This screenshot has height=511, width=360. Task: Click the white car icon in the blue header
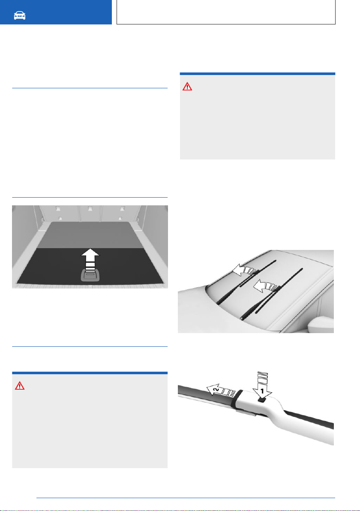tap(20, 15)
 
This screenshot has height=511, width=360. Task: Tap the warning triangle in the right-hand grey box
tap(187, 87)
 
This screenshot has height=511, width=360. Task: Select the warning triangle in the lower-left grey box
tap(20, 386)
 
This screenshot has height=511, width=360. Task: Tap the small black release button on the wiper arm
tap(262, 399)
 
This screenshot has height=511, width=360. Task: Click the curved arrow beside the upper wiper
tap(245, 270)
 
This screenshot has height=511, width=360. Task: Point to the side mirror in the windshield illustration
tap(321, 325)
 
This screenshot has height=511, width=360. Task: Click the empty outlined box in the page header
tap(226, 12)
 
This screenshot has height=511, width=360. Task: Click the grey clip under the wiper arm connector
tap(245, 413)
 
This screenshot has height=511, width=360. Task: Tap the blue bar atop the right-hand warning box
tap(258, 74)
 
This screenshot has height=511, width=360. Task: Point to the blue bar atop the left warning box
tap(90, 373)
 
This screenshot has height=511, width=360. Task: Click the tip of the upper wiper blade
tap(276, 260)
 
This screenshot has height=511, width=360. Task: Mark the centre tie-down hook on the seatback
tap(90, 208)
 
